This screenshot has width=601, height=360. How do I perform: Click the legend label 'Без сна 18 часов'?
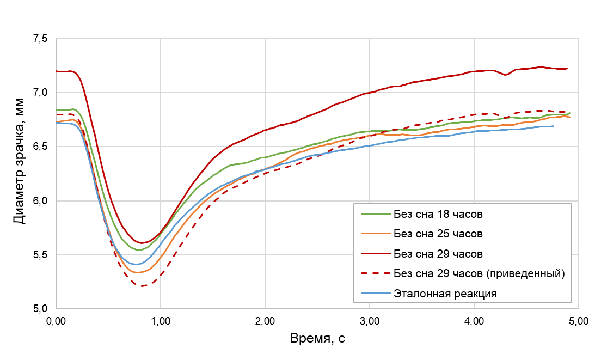point(438,214)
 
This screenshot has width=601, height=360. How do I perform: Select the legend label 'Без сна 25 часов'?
point(438,234)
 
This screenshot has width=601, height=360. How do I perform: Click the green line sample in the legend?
point(376,214)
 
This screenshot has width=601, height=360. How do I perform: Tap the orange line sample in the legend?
point(376,234)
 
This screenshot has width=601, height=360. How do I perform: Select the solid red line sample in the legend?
point(376,254)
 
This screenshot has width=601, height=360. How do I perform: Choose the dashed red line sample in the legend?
point(376,274)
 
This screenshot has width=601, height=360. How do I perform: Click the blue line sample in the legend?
point(376,294)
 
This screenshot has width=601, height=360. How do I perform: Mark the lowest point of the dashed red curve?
point(142,286)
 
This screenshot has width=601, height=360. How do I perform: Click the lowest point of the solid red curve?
point(142,243)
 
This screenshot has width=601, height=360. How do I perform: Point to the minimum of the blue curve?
point(139,264)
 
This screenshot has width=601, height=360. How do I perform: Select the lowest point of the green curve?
point(139,250)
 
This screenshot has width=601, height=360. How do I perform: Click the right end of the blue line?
point(554,126)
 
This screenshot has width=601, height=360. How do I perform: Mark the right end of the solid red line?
point(568,69)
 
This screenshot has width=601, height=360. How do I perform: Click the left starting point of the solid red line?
point(57,71)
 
